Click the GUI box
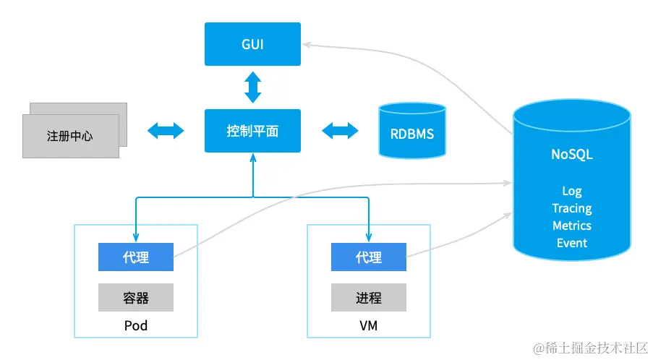[x=252, y=44]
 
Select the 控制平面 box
[x=252, y=131]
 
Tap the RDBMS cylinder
[x=412, y=132]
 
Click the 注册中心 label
[x=70, y=135]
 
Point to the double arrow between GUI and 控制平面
[x=252, y=87]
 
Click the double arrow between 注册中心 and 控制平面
[x=166, y=131]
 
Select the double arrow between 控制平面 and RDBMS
[x=340, y=131]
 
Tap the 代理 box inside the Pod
[x=136, y=257]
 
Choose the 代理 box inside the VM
[x=369, y=257]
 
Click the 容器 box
[x=136, y=297]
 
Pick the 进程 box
[x=369, y=297]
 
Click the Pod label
[x=136, y=326]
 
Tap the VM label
[x=369, y=326]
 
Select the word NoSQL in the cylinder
[x=572, y=155]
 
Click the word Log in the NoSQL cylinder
[x=572, y=191]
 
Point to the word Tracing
[x=572, y=208]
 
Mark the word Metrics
[x=572, y=226]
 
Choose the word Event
[x=572, y=243]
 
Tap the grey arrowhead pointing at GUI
[x=307, y=45]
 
